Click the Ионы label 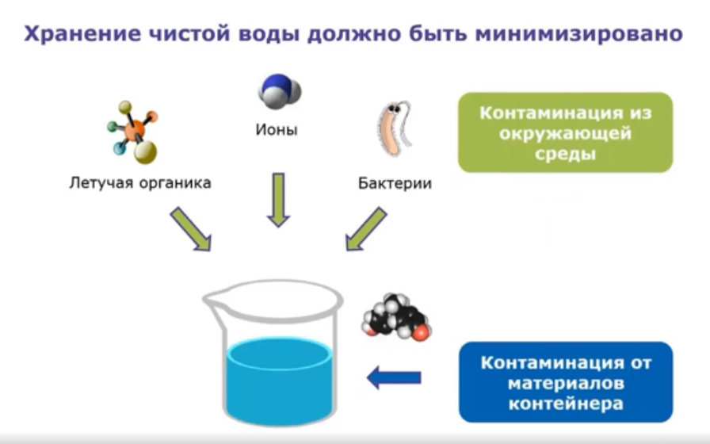[277, 129]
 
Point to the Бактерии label [395, 184]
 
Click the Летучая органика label [139, 183]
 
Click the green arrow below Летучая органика [190, 229]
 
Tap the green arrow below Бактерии [365, 229]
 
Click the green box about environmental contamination [565, 132]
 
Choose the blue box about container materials [565, 382]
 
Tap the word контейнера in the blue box [565, 403]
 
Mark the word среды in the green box [565, 154]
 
